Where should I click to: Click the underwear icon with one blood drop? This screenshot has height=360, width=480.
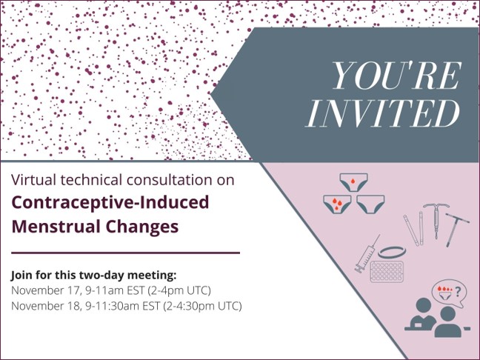[x=353, y=180]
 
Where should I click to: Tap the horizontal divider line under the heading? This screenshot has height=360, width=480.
[x=125, y=253]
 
